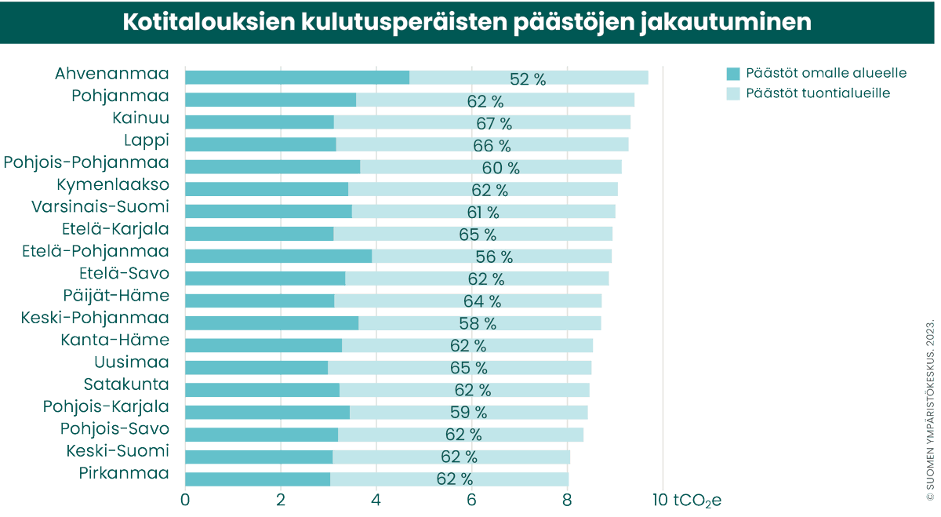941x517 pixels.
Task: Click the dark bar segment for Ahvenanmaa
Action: click(x=296, y=77)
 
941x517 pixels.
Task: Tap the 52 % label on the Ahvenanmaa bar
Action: click(x=528, y=78)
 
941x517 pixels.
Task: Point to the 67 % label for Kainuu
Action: click(x=494, y=123)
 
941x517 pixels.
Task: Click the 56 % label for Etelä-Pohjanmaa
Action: click(x=494, y=257)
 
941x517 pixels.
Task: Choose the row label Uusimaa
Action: click(x=132, y=362)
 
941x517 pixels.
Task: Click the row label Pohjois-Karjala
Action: click(x=106, y=406)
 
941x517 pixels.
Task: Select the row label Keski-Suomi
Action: click(x=118, y=451)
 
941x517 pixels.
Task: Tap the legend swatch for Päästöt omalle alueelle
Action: click(x=733, y=73)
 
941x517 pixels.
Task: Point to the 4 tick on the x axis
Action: click(x=376, y=500)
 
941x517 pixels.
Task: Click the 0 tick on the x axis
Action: click(x=185, y=500)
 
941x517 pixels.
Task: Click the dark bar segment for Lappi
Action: click(x=260, y=144)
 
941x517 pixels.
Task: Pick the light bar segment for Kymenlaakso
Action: click(x=483, y=189)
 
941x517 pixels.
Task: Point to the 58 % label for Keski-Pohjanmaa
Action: click(x=478, y=323)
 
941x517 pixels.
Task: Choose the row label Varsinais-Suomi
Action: click(x=100, y=207)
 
